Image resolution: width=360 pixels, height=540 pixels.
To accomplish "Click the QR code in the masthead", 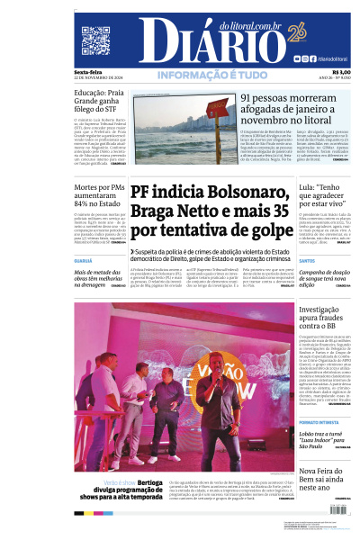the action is pyautogui.click(x=94, y=40).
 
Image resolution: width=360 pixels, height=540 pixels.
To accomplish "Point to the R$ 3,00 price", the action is pyautogui.click(x=341, y=72).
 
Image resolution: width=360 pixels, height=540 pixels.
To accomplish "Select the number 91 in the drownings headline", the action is pyautogui.click(x=248, y=97).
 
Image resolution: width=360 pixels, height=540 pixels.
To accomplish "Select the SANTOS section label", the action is pyautogui.click(x=307, y=261).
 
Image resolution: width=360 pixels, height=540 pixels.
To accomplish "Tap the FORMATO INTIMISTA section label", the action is pyautogui.click(x=319, y=421).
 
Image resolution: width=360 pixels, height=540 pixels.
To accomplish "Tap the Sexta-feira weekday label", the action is pyautogui.click(x=88, y=72).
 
